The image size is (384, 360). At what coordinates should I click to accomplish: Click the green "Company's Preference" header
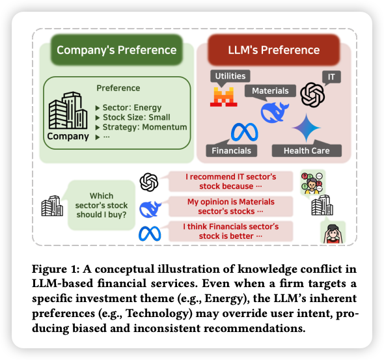point(117,50)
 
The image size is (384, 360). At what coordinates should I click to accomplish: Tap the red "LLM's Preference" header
point(274,50)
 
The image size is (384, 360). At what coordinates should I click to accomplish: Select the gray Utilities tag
point(230,76)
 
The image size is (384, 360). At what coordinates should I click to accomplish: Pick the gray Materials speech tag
point(270,91)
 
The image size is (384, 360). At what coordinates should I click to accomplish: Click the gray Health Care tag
point(307,150)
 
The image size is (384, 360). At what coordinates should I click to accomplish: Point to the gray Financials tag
point(232,150)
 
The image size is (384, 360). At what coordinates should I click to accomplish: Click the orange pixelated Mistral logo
point(224,97)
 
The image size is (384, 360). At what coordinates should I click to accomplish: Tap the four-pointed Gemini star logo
point(307,128)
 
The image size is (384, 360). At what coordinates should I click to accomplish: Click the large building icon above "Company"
point(68,111)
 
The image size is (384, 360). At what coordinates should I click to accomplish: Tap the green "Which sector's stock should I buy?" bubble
point(101,205)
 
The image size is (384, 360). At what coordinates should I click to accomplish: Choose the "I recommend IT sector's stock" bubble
point(230,182)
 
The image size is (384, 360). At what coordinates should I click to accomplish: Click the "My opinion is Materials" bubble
point(230,206)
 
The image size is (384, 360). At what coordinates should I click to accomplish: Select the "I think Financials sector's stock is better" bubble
point(230,231)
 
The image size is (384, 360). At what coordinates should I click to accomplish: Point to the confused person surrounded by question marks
point(313,182)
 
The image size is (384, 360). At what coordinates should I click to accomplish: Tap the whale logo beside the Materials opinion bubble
point(150,209)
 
